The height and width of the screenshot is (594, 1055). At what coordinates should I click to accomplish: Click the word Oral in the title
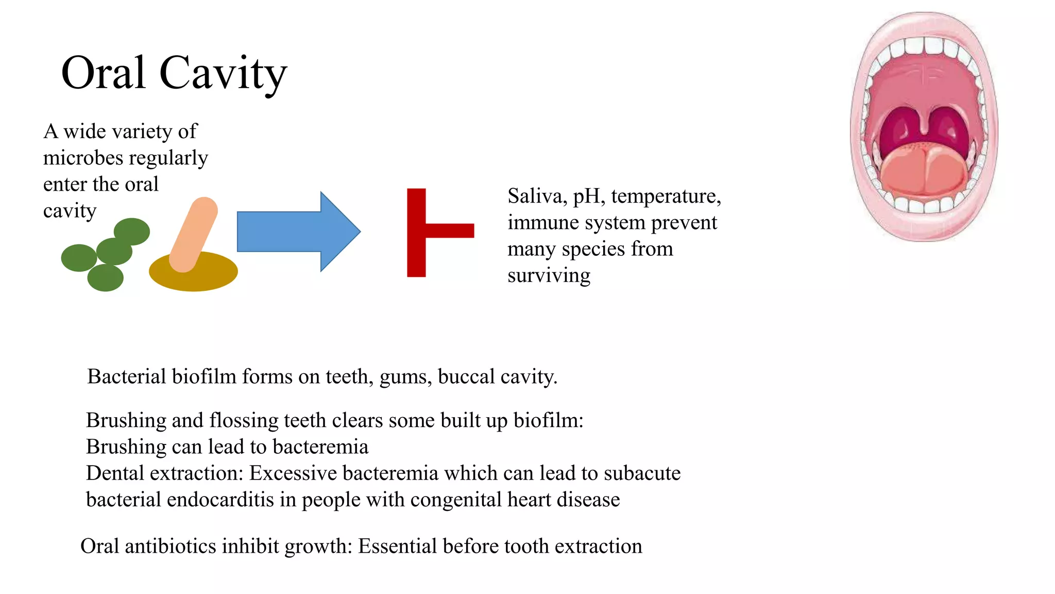tap(103, 73)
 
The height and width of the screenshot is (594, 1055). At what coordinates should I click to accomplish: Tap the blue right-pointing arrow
tap(298, 232)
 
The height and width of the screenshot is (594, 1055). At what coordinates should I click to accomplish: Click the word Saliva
tap(534, 196)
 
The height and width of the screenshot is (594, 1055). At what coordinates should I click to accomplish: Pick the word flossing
tap(244, 421)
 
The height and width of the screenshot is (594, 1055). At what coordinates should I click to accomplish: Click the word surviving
tap(549, 275)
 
